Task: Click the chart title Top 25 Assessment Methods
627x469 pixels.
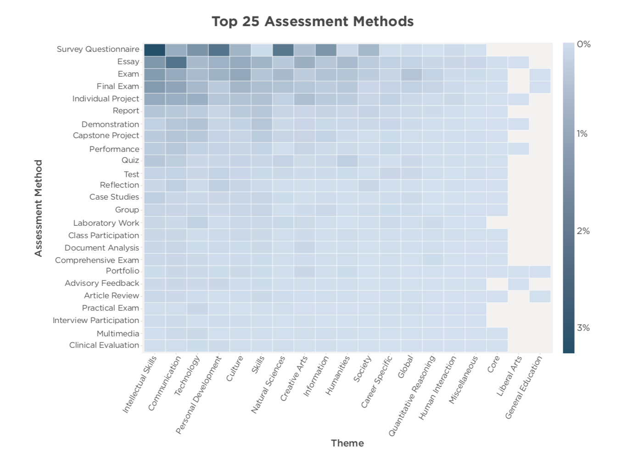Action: coord(313,22)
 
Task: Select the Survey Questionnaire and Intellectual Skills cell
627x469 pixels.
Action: coord(155,50)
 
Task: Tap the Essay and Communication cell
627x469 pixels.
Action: coord(176,62)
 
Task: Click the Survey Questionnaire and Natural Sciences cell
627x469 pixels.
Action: coord(283,50)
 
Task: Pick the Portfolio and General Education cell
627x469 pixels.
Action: coord(540,272)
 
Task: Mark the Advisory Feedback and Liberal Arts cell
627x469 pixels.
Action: coord(519,284)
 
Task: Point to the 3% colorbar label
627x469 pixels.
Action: coord(583,328)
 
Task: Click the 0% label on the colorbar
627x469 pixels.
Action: coord(583,45)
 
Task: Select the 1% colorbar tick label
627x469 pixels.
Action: coord(582,134)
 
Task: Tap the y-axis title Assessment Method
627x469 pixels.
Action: coord(39,208)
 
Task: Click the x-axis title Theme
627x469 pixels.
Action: coord(347,443)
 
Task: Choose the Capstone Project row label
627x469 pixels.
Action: coord(106,135)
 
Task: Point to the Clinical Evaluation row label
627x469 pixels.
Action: coord(104,345)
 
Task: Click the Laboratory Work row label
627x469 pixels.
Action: coord(106,223)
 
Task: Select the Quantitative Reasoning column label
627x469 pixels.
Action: coord(412,396)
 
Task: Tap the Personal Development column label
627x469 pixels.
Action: coord(199,395)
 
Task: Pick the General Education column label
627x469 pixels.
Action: coord(524,387)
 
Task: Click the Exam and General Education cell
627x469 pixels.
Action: coord(540,74)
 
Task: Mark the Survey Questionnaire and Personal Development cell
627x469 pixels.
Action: coord(219,50)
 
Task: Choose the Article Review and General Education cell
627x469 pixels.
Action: coord(540,296)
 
